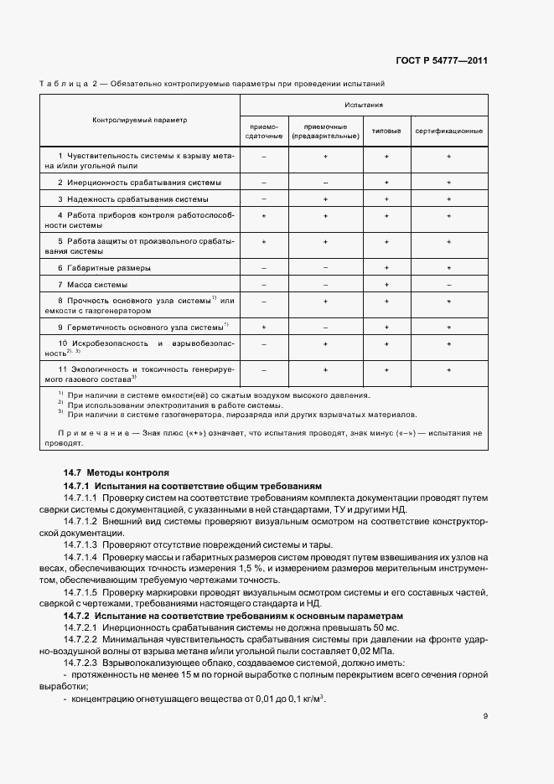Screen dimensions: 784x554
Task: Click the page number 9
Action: point(485,715)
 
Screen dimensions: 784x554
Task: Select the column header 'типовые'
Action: point(386,132)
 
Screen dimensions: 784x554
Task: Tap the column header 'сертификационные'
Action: point(449,132)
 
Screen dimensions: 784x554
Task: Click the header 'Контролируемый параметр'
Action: point(140,120)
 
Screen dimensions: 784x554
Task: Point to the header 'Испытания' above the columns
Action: point(364,105)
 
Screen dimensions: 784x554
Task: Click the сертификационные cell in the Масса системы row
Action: point(449,285)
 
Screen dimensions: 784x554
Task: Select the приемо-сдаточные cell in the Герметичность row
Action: point(264,327)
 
